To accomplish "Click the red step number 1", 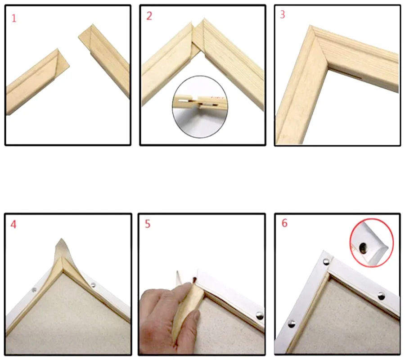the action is (14, 18).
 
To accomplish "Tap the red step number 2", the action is (149, 16).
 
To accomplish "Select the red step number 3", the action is (283, 14).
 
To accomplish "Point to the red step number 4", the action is (13, 225).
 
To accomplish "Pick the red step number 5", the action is (148, 224).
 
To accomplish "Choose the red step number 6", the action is (284, 223).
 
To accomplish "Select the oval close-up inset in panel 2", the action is (200, 107).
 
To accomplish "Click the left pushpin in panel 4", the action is (34, 290).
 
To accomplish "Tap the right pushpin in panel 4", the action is (93, 285).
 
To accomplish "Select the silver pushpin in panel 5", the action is (260, 315).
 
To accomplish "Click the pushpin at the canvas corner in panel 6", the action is (326, 261).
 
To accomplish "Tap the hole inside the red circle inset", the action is (363, 248).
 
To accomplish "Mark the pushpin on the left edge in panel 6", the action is (292, 324).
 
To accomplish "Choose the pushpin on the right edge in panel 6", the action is (381, 296).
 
